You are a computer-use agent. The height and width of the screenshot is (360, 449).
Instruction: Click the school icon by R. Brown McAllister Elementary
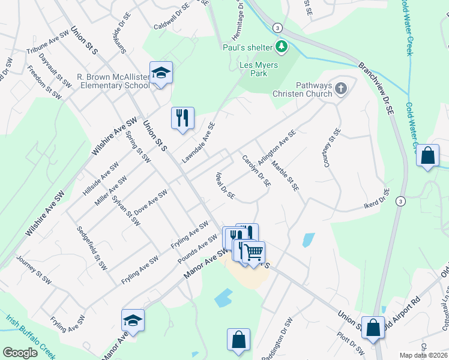click(x=161, y=73)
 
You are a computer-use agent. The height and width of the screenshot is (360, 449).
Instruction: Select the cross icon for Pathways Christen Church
click(x=341, y=89)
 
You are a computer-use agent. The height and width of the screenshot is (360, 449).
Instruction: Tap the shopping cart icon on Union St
click(x=254, y=252)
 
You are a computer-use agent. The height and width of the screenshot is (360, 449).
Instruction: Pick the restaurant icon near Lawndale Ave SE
click(x=182, y=118)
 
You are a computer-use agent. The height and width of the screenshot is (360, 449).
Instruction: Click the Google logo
click(x=20, y=353)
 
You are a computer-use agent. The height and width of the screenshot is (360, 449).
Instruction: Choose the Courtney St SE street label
click(x=331, y=148)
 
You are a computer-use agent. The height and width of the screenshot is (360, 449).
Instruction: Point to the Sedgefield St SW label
click(x=92, y=248)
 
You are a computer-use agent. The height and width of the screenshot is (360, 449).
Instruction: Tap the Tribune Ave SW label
click(x=49, y=44)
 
